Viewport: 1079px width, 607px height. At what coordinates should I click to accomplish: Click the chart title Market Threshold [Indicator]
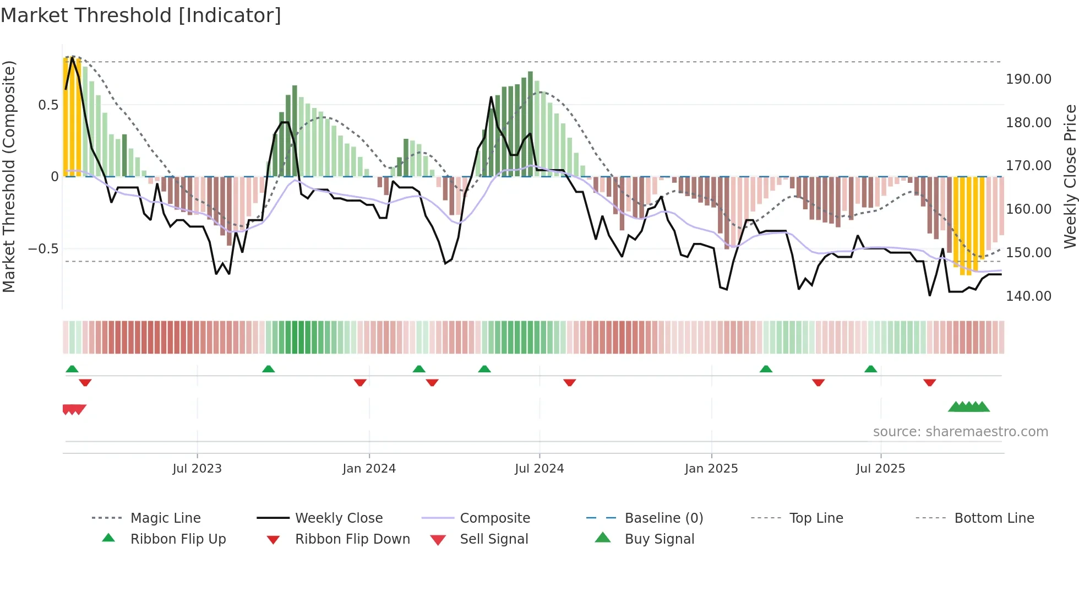[x=141, y=15]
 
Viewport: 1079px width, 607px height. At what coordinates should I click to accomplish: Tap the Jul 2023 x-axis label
[x=197, y=469]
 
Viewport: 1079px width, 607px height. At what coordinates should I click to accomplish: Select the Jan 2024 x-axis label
[x=369, y=469]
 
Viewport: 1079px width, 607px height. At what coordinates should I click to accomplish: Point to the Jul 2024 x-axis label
[x=539, y=469]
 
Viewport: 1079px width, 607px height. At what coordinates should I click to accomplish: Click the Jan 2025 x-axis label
[x=711, y=469]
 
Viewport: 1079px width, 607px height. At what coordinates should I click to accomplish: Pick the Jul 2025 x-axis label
[x=881, y=469]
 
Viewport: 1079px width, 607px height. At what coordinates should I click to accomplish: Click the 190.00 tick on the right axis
[x=1028, y=79]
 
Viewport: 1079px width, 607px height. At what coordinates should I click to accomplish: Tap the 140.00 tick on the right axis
[x=1028, y=296]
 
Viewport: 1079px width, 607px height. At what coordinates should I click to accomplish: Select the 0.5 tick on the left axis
[x=48, y=105]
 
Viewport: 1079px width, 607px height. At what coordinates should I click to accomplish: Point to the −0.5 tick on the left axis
[x=43, y=249]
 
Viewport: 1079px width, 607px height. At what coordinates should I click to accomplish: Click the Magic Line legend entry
[x=165, y=518]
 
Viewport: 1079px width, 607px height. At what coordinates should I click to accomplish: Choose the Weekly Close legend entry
[x=339, y=518]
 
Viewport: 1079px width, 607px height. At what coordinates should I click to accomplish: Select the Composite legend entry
[x=495, y=518]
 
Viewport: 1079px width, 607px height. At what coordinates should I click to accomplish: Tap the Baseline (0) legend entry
[x=664, y=518]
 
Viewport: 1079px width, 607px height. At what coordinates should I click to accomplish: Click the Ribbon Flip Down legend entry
[x=352, y=539]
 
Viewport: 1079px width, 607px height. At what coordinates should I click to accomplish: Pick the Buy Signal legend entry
[x=660, y=539]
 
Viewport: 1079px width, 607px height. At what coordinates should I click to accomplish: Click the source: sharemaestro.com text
[x=961, y=432]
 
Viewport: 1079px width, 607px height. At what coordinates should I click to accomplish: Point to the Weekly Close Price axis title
[x=1070, y=176]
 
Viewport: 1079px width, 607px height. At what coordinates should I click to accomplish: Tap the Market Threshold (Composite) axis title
[x=9, y=176]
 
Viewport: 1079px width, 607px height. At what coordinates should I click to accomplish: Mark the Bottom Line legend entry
[x=994, y=518]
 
